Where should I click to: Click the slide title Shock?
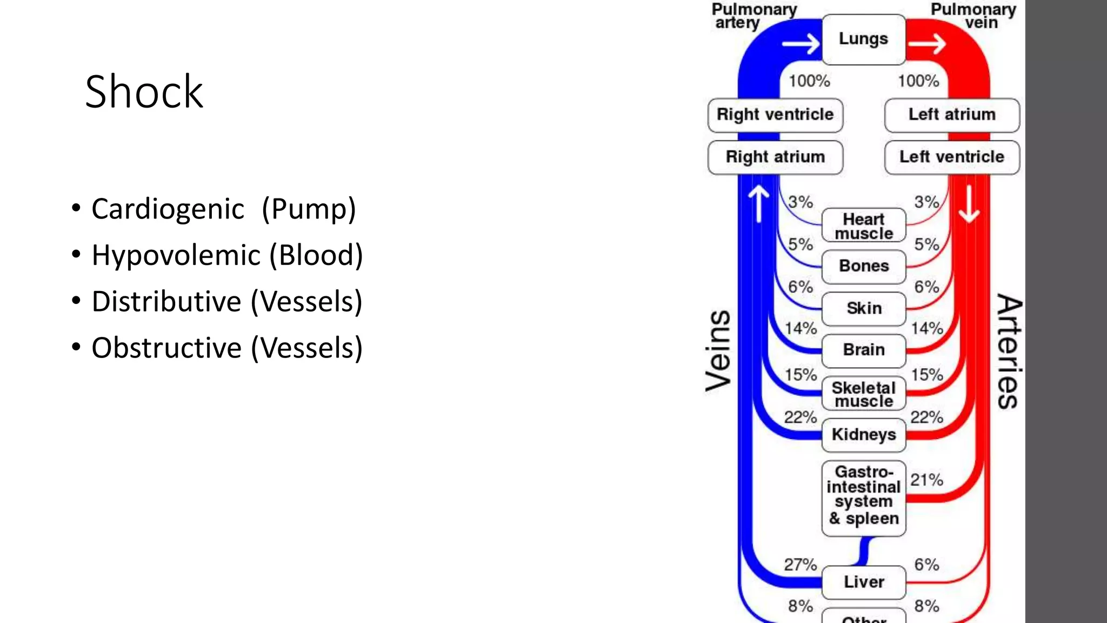coord(144,92)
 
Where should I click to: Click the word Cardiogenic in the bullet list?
coord(168,209)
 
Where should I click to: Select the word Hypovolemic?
coord(176,255)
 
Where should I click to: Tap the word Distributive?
coord(166,302)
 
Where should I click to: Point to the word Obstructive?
coord(166,348)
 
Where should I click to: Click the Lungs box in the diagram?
coord(863,39)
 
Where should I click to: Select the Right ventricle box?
coord(775,115)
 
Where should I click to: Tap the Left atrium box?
coord(952,115)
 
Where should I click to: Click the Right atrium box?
coord(775,157)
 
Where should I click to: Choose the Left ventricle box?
coord(952,157)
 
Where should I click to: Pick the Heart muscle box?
coord(863,226)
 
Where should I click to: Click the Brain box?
coord(863,350)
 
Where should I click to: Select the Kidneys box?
coord(863,434)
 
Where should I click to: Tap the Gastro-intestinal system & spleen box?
coord(863,495)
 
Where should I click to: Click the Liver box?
coord(863,582)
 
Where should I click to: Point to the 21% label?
coord(926,480)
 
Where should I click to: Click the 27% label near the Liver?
coord(800,565)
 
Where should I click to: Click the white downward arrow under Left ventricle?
coord(969,204)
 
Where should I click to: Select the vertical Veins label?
coord(719,350)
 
